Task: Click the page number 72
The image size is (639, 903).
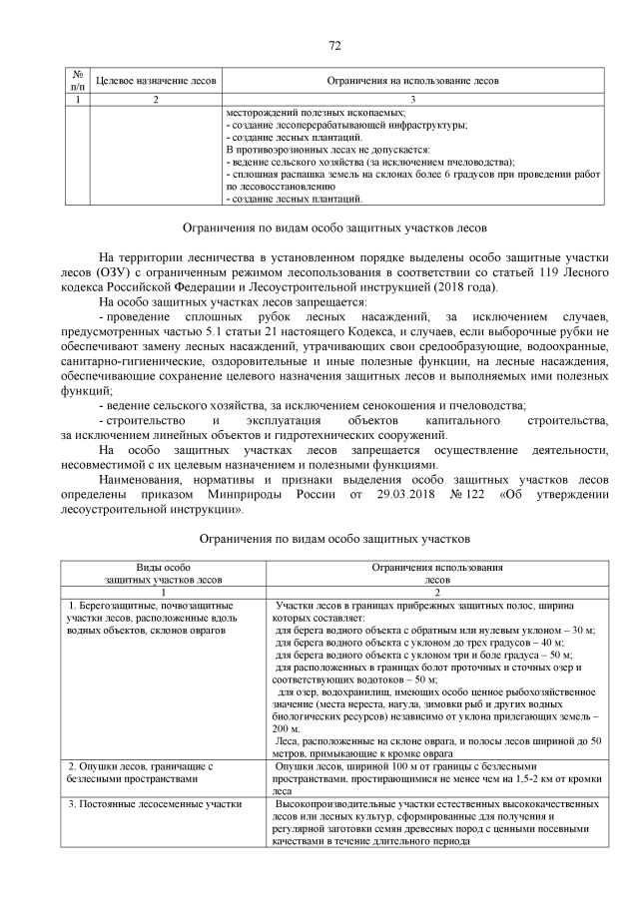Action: pyautogui.click(x=334, y=45)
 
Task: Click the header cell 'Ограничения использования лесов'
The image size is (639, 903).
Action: pyautogui.click(x=437, y=573)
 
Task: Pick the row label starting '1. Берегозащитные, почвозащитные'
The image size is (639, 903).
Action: pyautogui.click(x=151, y=606)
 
